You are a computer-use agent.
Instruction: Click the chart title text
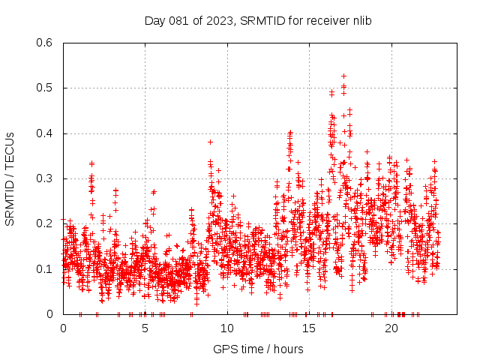point(258,20)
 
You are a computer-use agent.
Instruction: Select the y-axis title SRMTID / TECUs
point(10,178)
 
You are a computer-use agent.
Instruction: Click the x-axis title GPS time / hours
point(258,349)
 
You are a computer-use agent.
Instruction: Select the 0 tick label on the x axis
point(63,328)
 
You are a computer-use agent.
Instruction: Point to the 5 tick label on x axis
point(145,328)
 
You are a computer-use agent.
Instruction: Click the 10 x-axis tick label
point(227,328)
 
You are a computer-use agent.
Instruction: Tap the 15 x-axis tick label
point(309,328)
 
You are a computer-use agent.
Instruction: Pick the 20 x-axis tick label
point(391,328)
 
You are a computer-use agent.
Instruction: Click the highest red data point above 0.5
point(343,76)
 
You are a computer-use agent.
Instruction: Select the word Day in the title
point(154,20)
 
